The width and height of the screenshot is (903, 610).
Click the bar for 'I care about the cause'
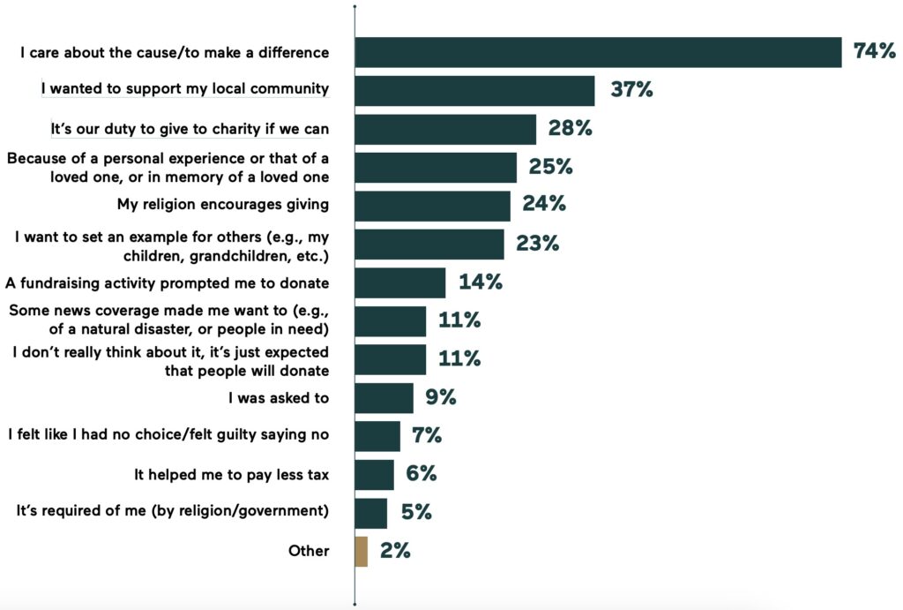(598, 52)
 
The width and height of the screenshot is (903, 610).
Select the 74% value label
(874, 52)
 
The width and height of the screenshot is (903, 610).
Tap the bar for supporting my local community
(474, 90)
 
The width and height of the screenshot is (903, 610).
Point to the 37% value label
(631, 90)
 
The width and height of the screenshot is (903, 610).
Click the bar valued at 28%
(445, 129)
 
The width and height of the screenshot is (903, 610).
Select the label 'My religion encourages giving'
(223, 205)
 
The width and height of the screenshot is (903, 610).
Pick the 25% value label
(550, 167)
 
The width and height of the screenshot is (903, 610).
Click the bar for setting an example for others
(429, 244)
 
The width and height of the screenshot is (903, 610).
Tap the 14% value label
(480, 282)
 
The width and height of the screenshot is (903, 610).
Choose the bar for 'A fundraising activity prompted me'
(400, 282)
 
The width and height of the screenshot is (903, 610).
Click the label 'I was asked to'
(279, 398)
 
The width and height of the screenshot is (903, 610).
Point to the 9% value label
(440, 397)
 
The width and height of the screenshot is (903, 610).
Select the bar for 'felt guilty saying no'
(377, 436)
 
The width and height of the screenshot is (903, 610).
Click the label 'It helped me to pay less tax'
(232, 475)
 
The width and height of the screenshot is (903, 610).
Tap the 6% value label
(422, 474)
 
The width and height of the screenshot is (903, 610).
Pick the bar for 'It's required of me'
(371, 513)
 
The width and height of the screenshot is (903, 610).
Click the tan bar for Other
(362, 551)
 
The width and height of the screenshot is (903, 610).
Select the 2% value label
(395, 551)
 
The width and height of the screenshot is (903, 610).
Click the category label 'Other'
(309, 551)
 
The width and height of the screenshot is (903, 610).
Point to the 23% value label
(538, 244)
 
